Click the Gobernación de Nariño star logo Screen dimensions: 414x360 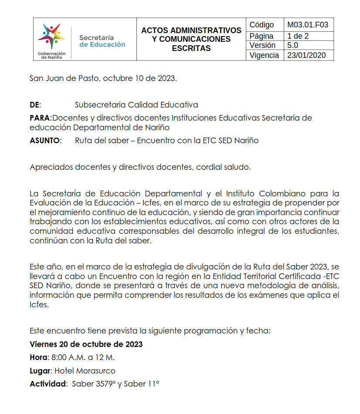tap(51, 37)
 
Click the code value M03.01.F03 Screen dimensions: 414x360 tap(308, 25)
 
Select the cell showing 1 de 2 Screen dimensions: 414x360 tap(297, 36)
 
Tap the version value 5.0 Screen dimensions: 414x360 tap(293, 45)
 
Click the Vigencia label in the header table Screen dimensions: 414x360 tap(264, 55)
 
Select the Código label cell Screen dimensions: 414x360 tap(262, 25)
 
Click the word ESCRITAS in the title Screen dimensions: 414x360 tap(191, 48)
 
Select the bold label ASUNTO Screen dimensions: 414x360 tap(45, 141)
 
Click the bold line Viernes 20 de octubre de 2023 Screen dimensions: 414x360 tap(86, 344)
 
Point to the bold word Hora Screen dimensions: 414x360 tap(39, 357)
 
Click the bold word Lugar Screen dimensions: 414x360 tap(41, 371)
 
